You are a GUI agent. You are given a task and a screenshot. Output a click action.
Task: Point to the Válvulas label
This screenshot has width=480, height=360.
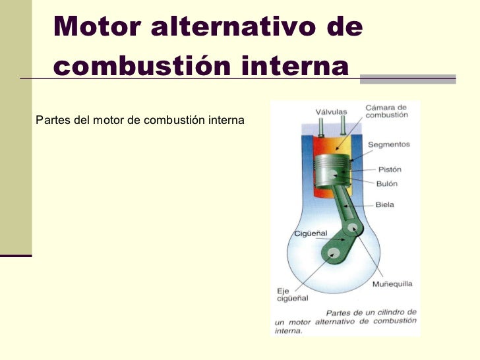coord(330,111)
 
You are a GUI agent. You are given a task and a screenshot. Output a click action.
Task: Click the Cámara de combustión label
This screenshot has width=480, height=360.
coord(386,111)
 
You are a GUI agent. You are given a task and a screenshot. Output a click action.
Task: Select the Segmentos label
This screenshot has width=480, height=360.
coord(388,144)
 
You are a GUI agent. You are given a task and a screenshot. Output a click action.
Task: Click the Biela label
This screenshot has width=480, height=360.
coord(384,204)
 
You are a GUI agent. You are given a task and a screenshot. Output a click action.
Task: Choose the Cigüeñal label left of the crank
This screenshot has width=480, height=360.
coord(309,233)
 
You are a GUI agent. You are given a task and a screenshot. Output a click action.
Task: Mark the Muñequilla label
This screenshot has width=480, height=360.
coord(392,284)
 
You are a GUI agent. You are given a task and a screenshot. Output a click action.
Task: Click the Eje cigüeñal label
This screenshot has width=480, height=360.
coord(291,293)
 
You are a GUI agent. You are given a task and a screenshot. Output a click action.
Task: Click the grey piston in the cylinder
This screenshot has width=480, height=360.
coord(332,173)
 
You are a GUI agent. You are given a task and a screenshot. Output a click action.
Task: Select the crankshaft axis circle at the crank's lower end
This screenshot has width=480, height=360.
coord(333,253)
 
